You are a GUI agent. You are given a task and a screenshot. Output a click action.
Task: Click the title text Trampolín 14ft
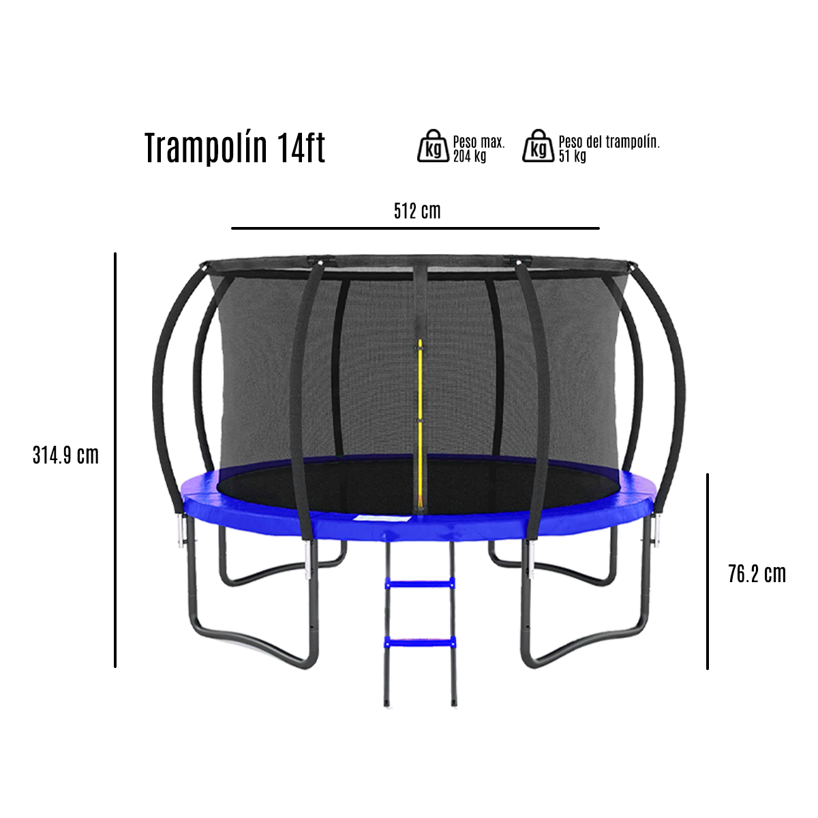(234, 148)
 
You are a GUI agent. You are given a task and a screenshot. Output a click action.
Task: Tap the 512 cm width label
(417, 211)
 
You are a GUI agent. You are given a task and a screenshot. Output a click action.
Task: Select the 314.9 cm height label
(65, 455)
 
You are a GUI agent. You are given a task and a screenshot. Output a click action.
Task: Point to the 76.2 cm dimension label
(757, 574)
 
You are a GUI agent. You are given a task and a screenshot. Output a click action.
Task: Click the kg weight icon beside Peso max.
(433, 146)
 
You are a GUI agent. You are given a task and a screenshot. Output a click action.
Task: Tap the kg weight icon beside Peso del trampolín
(538, 146)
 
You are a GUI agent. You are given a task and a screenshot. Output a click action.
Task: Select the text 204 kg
(470, 156)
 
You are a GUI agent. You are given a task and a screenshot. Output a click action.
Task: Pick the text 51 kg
(572, 156)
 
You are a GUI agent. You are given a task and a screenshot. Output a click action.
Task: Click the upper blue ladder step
(419, 583)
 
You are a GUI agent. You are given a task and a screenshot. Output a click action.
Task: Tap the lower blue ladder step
(419, 641)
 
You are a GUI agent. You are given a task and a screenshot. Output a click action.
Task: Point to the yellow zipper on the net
(420, 409)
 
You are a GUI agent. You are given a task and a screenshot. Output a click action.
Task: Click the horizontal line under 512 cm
(415, 228)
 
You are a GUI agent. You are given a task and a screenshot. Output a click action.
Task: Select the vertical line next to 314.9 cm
(115, 460)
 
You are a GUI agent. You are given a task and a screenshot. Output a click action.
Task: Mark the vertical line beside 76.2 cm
(708, 571)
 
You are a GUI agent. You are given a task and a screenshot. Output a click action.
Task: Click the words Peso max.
(479, 142)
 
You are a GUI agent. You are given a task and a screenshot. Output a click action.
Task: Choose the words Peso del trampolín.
(609, 142)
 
